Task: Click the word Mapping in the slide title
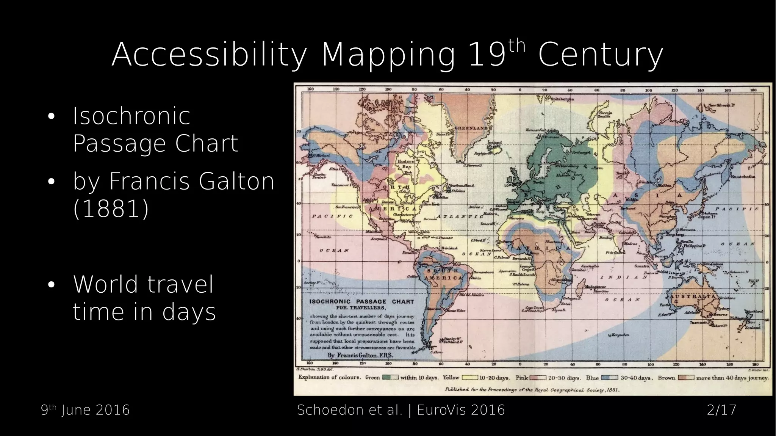point(388,55)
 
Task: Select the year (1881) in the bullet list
point(111,209)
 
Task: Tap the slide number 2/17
point(721,410)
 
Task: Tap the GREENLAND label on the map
point(471,128)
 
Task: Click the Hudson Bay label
point(406,164)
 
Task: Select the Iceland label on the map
point(494,143)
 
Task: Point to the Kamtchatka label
point(743,177)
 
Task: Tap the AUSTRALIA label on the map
point(693,296)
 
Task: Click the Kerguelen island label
point(620,335)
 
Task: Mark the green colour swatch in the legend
point(390,378)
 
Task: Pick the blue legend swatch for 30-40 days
point(610,378)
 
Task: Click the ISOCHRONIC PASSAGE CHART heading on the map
point(361,302)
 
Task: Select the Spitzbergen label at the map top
point(562,99)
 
